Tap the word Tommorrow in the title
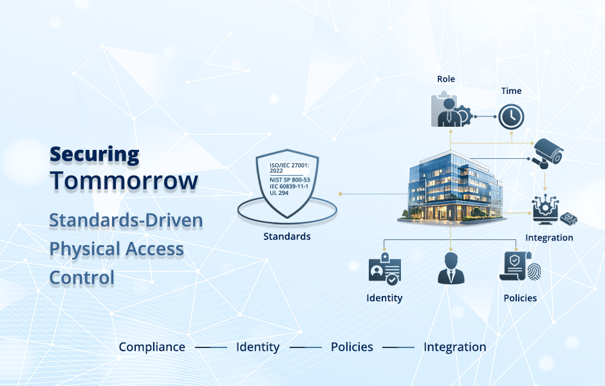(x=124, y=181)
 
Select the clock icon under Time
(x=511, y=116)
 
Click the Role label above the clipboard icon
(x=445, y=79)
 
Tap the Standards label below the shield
(x=287, y=237)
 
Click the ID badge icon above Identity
(x=385, y=270)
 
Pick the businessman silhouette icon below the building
(x=451, y=268)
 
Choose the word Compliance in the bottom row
(x=152, y=347)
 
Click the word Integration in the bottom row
(x=454, y=347)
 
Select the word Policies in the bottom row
(x=351, y=347)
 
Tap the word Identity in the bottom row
(x=257, y=347)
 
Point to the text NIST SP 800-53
(x=290, y=179)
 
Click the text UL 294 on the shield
(x=280, y=192)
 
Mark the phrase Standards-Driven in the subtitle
(x=126, y=220)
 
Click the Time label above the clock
(x=511, y=91)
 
